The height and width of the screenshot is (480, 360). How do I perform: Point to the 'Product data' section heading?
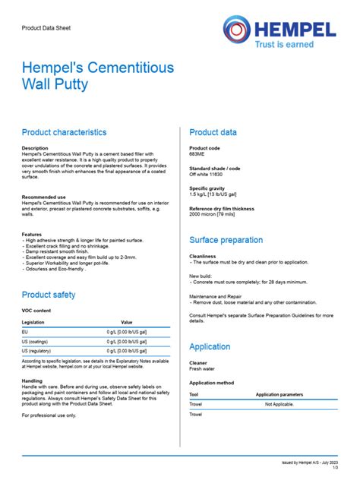coord(213,132)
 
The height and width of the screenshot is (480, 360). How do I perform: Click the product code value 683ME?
coord(197,153)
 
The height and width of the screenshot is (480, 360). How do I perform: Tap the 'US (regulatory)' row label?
coord(36,351)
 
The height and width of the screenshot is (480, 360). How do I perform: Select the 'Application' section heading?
coord(210,347)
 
